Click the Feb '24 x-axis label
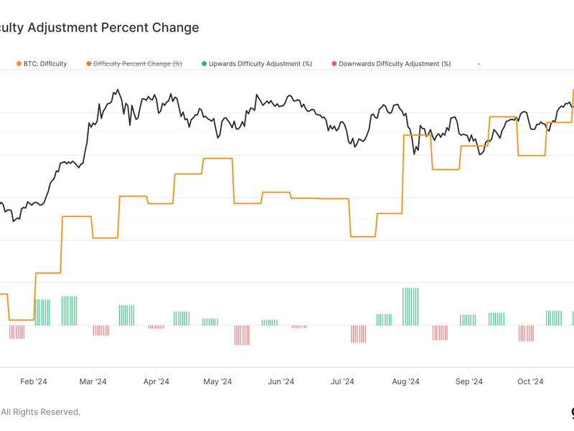(x=33, y=381)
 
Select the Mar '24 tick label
(x=92, y=381)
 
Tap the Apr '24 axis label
(x=156, y=381)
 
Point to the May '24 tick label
(x=217, y=381)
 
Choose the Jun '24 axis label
(x=281, y=381)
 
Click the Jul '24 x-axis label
(x=342, y=381)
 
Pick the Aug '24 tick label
(x=405, y=381)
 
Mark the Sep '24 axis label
(x=469, y=381)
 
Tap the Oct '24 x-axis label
(x=530, y=381)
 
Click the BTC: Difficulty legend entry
(x=44, y=64)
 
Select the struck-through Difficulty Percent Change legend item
(x=137, y=64)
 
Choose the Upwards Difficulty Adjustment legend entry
(x=260, y=64)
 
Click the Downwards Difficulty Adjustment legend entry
(x=395, y=64)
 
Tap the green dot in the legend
(x=204, y=64)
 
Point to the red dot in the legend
(x=334, y=64)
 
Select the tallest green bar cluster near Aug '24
(x=410, y=306)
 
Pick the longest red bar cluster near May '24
(x=242, y=335)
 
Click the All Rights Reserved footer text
(x=41, y=412)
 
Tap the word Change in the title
(x=175, y=28)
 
